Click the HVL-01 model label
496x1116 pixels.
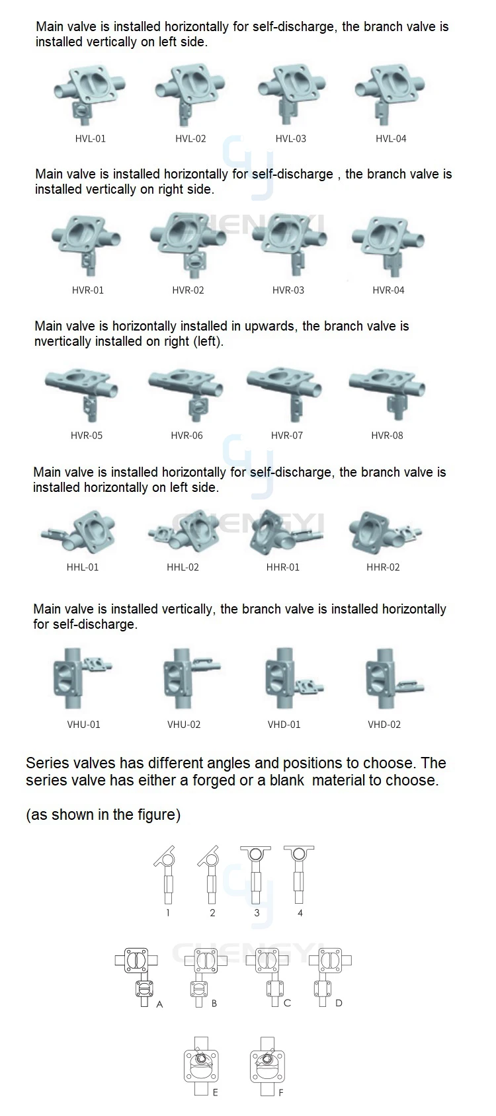click(90, 139)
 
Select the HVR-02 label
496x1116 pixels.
click(188, 290)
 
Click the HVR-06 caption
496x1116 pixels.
click(186, 436)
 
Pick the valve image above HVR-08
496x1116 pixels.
click(388, 393)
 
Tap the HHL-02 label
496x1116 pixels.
click(183, 567)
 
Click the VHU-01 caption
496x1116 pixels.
click(84, 725)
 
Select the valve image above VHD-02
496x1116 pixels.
click(390, 680)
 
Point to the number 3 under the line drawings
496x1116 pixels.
click(257, 913)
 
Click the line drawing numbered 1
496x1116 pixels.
click(165, 874)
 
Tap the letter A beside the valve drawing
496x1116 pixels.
click(159, 1004)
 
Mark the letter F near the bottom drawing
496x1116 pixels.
click(280, 1093)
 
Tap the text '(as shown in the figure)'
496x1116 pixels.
click(103, 815)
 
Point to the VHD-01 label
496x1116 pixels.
click(284, 725)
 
